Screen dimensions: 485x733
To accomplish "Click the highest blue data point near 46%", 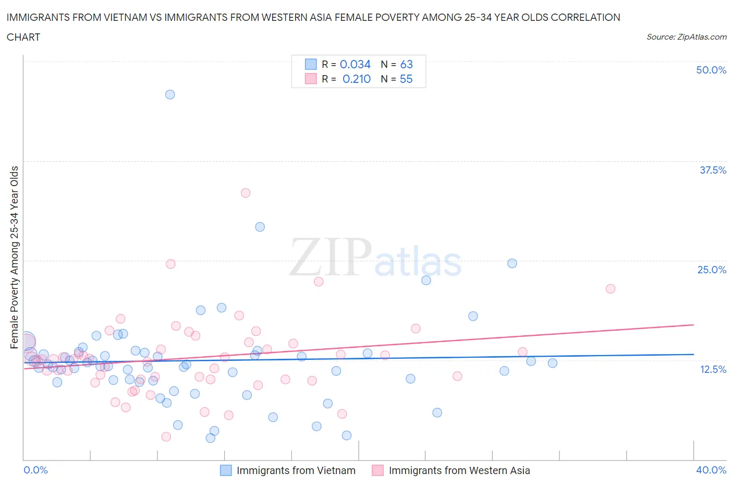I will (170, 94).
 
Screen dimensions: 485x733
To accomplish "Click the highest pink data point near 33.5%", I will (246, 193).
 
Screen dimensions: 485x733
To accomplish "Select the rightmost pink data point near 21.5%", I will (610, 288).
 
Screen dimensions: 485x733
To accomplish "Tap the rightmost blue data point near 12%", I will (553, 363).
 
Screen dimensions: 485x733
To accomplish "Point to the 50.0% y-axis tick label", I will (711, 70).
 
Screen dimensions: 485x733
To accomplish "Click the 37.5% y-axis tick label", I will (713, 170).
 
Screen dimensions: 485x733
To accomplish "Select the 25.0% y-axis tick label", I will (712, 270).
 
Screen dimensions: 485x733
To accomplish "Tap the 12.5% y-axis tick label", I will (713, 369).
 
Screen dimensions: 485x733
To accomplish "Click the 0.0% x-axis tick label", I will (35, 470).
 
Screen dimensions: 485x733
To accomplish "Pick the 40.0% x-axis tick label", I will (711, 470).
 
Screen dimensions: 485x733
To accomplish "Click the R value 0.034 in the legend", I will (355, 64).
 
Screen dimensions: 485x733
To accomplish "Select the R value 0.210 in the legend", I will (356, 79).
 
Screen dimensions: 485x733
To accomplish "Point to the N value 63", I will (406, 64).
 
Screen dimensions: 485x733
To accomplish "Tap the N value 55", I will (406, 79).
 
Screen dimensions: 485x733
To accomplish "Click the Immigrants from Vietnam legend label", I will (296, 470).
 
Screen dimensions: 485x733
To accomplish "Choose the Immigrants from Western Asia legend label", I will (459, 470).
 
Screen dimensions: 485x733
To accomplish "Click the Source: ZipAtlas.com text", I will (686, 37).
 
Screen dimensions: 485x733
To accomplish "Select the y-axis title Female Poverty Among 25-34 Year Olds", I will (15, 257).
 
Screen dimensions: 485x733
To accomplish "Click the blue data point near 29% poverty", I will (260, 227).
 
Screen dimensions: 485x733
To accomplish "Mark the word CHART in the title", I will (23, 37).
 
